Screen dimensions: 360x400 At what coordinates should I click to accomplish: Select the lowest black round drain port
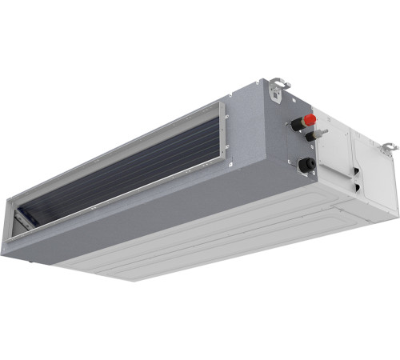pyautogui.click(x=305, y=165)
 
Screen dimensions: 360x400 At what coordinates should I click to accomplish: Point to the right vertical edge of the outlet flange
pyautogui.click(x=225, y=136)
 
